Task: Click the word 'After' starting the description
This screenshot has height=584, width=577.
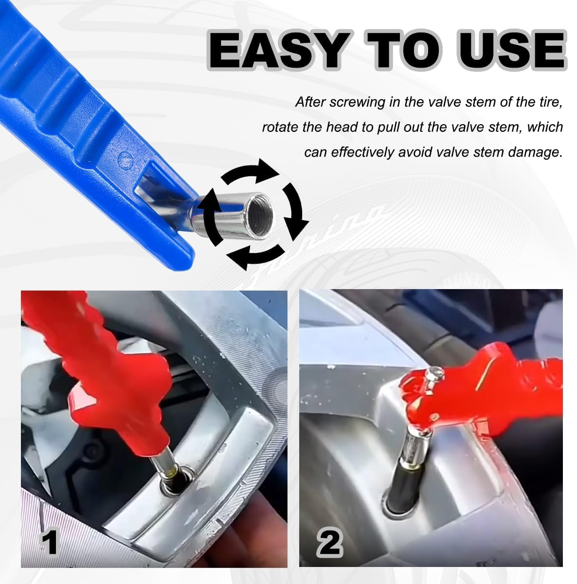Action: click(310, 103)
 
